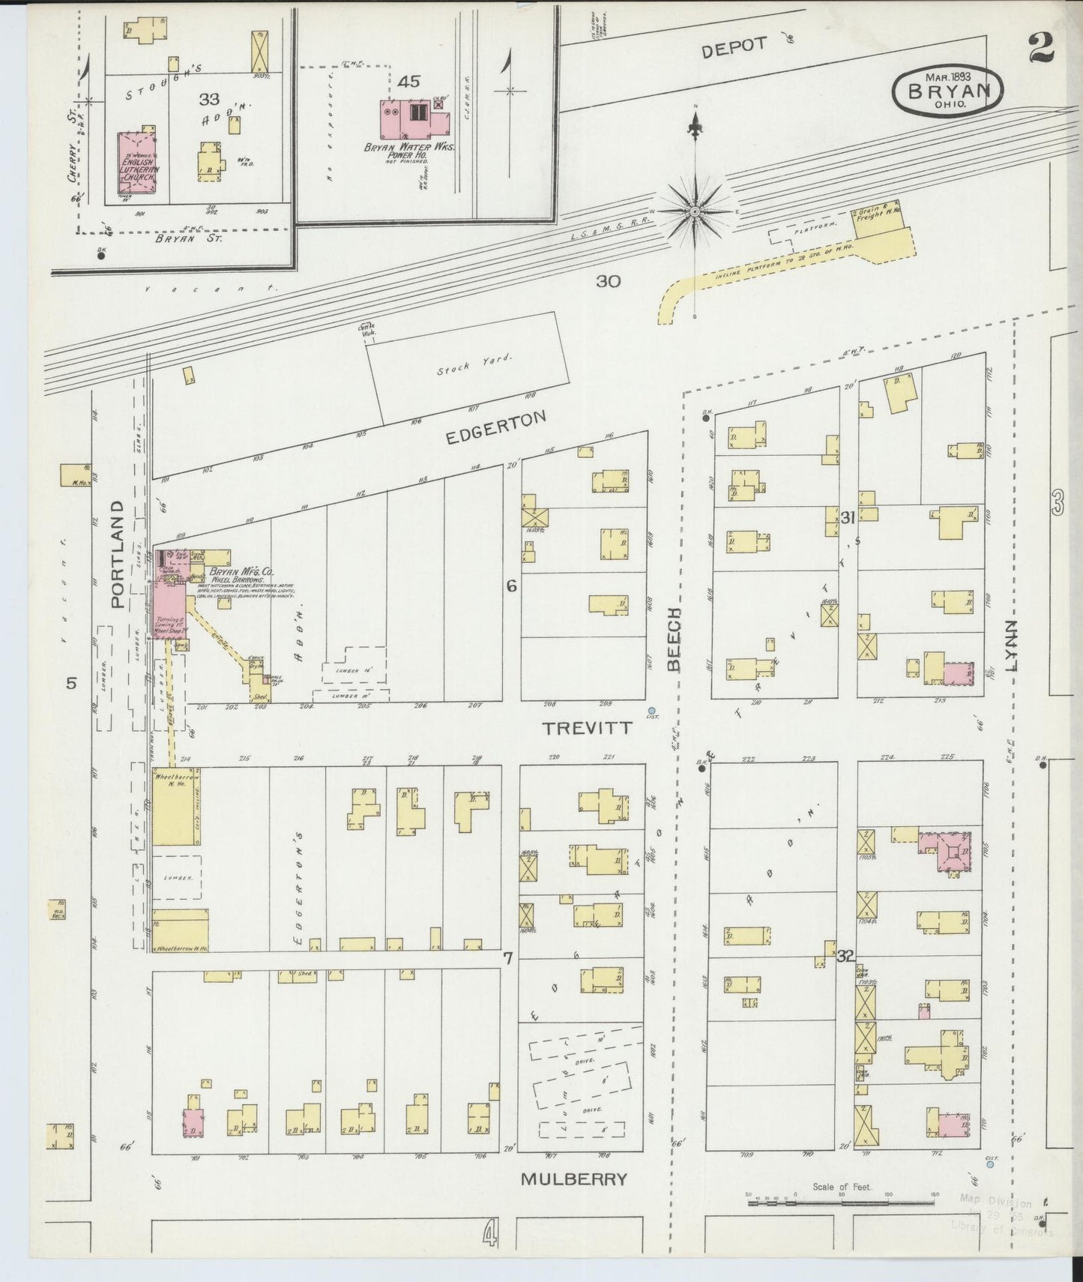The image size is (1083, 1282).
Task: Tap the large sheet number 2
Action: [1041, 47]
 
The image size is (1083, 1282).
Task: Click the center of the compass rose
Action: [696, 212]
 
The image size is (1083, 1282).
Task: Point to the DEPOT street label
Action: [734, 47]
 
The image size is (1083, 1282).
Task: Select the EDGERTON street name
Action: [496, 428]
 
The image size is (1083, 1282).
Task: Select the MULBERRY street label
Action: [573, 1179]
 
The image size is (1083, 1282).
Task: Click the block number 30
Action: [608, 282]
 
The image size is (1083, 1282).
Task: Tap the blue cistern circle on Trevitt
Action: [652, 711]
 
